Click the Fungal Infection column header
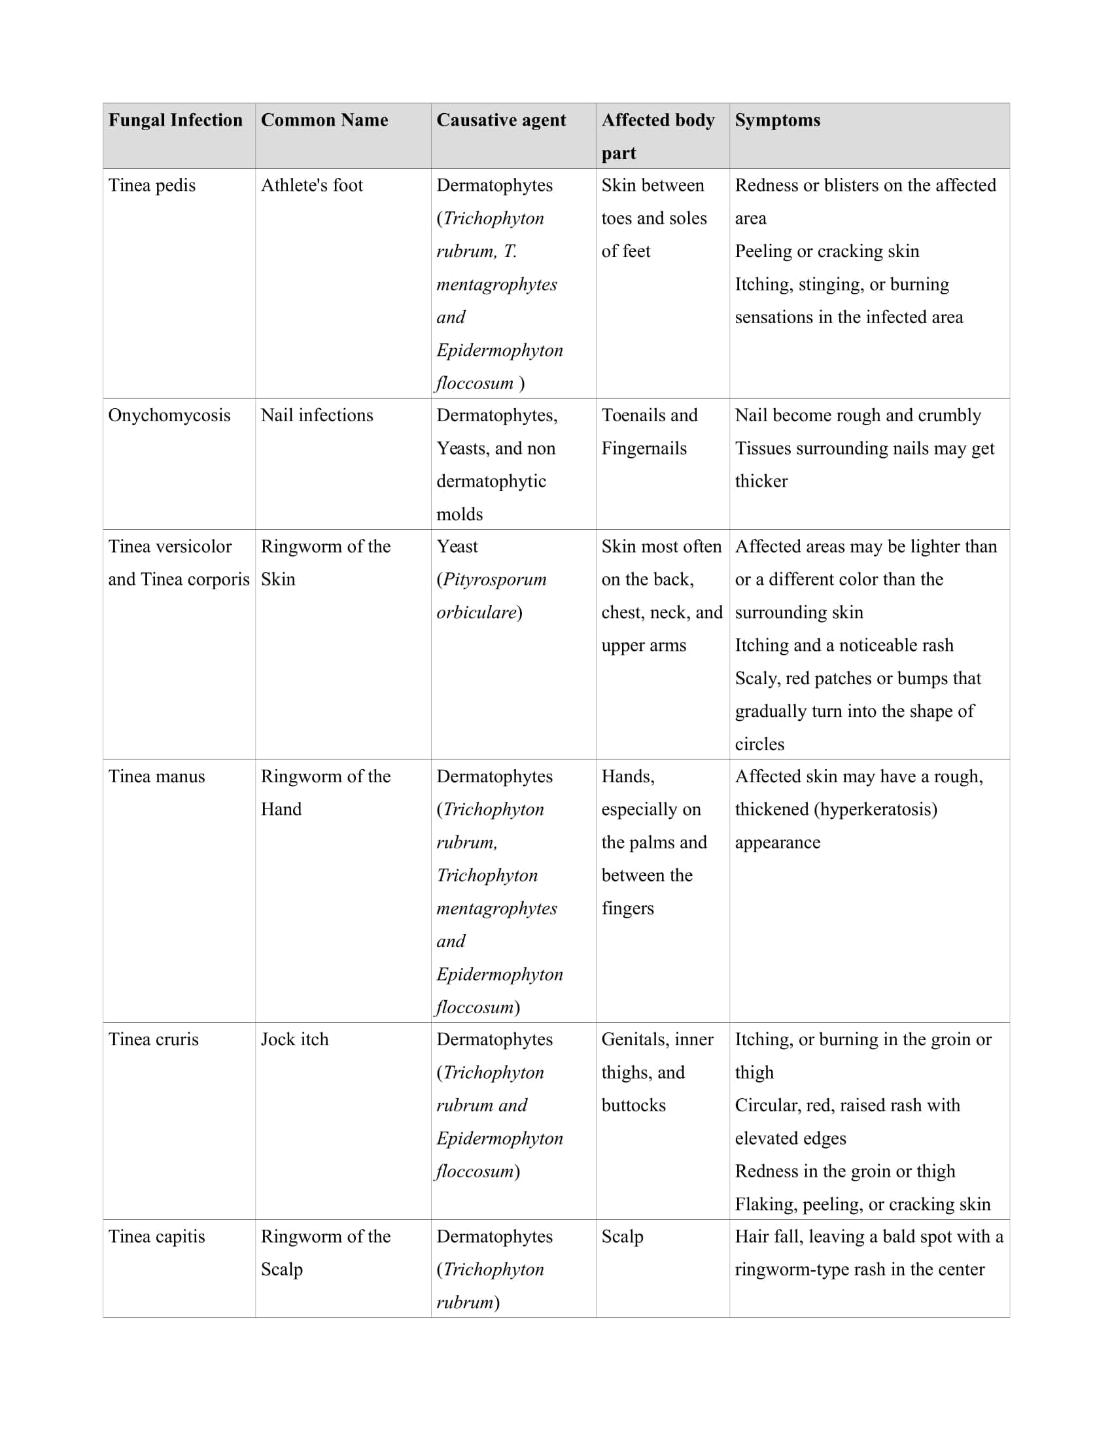pyautogui.click(x=175, y=120)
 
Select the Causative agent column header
pyautogui.click(x=500, y=120)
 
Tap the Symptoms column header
pyautogui.click(x=777, y=120)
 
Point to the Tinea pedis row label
pyautogui.click(x=152, y=185)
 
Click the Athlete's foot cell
pyautogui.click(x=311, y=185)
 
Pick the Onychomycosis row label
pyautogui.click(x=169, y=415)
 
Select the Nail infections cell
pyautogui.click(x=317, y=415)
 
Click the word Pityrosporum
pyautogui.click(x=494, y=579)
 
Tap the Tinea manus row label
pyautogui.click(x=157, y=776)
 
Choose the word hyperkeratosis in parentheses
pyautogui.click(x=875, y=809)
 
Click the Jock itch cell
pyautogui.click(x=294, y=1039)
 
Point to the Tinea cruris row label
pyautogui.click(x=154, y=1039)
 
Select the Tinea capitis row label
pyautogui.click(x=157, y=1236)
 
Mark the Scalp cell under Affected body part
pyautogui.click(x=622, y=1236)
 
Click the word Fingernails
pyautogui.click(x=644, y=448)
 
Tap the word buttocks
pyautogui.click(x=633, y=1105)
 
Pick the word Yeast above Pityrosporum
pyautogui.click(x=457, y=546)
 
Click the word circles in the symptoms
pyautogui.click(x=759, y=744)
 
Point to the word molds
pyautogui.click(x=460, y=514)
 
